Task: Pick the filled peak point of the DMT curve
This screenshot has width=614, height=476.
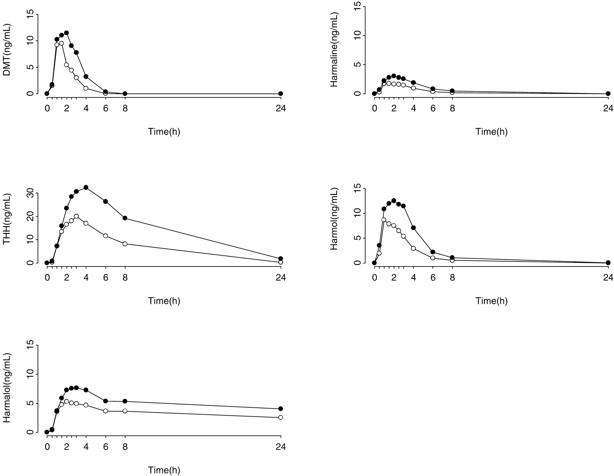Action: coord(67,33)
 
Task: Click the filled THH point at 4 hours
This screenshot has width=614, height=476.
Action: coord(86,187)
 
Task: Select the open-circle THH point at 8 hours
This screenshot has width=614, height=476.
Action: coord(125,244)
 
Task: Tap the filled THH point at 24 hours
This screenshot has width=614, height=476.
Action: coord(281,258)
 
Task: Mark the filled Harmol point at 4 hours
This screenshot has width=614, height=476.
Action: coord(413,227)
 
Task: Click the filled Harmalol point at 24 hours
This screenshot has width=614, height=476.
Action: coord(281,408)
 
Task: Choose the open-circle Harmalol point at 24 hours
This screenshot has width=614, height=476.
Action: coord(281,417)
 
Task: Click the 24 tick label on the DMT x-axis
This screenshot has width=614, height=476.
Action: coord(281,109)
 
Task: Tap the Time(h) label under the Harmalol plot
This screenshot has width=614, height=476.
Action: coord(164,470)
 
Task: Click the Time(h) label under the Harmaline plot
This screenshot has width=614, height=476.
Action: coord(492,132)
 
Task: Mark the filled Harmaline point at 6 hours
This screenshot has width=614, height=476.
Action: coord(433,89)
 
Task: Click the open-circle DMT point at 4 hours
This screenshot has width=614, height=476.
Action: coord(86,88)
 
